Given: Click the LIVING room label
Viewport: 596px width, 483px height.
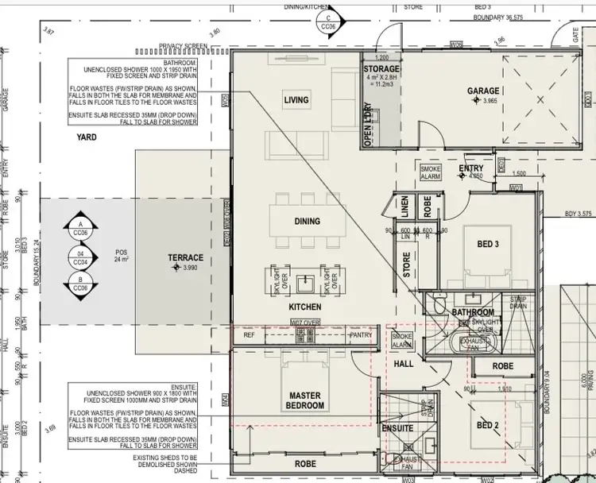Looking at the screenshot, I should [296, 100].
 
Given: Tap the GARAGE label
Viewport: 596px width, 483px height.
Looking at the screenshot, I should [482, 91].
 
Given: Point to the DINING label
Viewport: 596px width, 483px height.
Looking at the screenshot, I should [307, 222].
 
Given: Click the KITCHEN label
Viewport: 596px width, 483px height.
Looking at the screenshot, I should [305, 307].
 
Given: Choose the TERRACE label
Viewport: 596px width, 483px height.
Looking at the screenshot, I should [185, 258].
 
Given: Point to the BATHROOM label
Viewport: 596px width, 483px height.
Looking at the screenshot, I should [474, 313].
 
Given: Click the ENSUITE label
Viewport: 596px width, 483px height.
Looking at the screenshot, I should [397, 428].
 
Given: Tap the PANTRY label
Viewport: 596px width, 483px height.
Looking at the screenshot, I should [361, 335].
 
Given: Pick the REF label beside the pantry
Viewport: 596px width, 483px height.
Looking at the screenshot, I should [249, 335].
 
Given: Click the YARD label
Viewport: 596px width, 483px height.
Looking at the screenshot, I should [87, 137].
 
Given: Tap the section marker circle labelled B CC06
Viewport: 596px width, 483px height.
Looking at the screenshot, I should [80, 283].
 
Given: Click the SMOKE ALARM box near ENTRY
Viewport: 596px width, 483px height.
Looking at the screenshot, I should [431, 172].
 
